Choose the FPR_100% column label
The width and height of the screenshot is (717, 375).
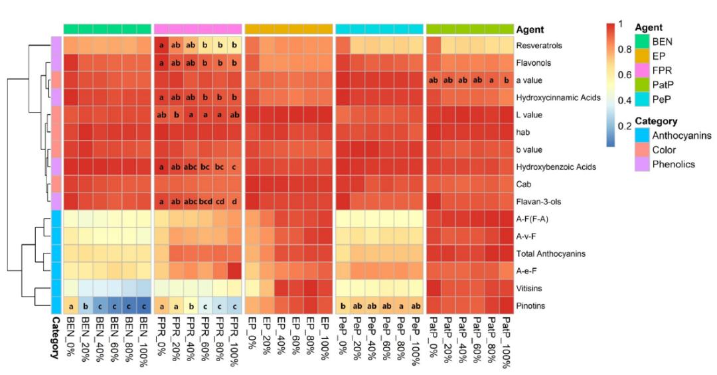pos(234,338)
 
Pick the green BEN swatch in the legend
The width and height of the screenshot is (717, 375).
pos(642,41)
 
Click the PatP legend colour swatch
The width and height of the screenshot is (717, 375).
pos(642,85)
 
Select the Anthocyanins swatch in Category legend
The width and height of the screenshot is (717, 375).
pos(642,136)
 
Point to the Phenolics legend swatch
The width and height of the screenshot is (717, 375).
pos(642,165)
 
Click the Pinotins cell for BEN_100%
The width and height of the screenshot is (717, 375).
pos(144,305)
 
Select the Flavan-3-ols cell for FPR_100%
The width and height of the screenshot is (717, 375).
pos(234,202)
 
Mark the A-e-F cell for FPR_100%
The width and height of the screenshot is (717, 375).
pos(234,271)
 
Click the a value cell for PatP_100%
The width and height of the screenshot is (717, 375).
pos(506,80)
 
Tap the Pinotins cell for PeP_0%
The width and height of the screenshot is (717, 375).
pos(343,305)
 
